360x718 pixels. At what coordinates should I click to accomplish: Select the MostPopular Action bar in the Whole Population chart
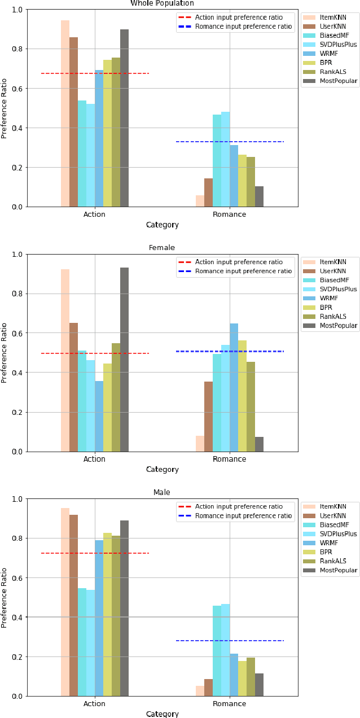point(124,118)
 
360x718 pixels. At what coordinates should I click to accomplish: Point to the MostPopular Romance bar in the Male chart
point(259,685)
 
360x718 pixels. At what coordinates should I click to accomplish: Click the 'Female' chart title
point(162,248)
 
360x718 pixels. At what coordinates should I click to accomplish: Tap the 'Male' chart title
point(162,492)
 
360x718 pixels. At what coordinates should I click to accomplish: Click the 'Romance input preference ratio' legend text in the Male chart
point(243,516)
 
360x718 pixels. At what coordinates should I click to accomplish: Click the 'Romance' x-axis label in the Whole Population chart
point(229,214)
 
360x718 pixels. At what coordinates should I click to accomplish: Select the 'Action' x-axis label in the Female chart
point(94,459)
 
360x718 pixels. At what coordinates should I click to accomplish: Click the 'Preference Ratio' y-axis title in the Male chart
point(5,597)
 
